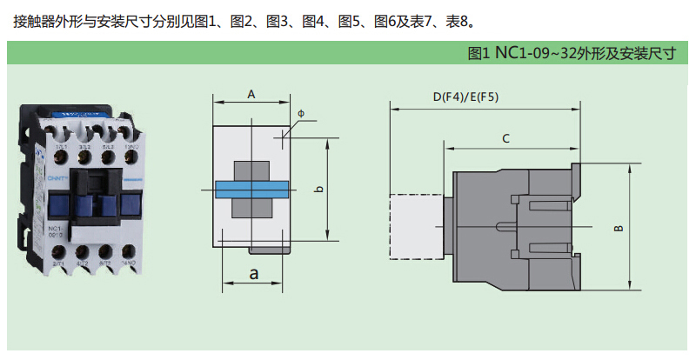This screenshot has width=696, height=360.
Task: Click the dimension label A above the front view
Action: pyautogui.click(x=251, y=94)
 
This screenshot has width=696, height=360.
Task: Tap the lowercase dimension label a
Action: pyautogui.click(x=254, y=273)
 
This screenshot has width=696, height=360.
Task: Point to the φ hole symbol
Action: pyautogui.click(x=301, y=114)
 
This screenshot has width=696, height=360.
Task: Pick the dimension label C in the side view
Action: pyautogui.click(x=505, y=138)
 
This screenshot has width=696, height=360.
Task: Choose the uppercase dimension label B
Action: pyautogui.click(x=619, y=229)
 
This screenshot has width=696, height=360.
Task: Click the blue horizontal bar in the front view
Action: pyautogui.click(x=251, y=190)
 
